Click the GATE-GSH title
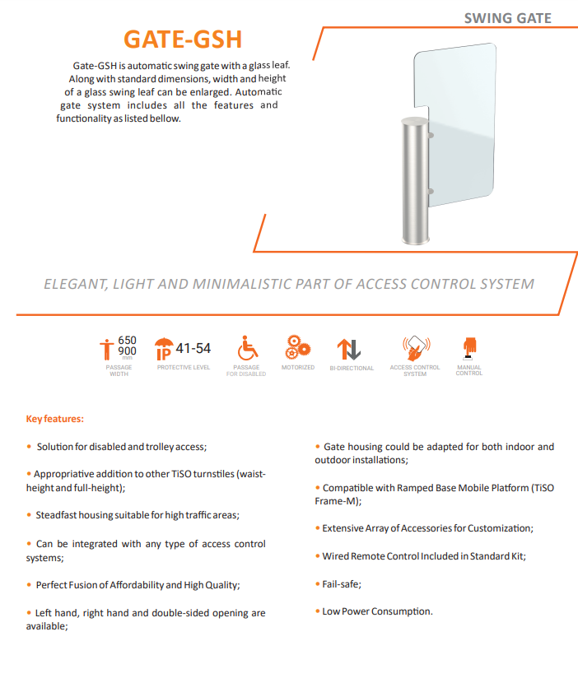pos(182,39)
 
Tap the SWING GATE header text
pos(507,18)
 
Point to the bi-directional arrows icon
pos(351,349)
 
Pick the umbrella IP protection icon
pos(164,349)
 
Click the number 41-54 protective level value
pos(194,349)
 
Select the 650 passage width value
pos(128,340)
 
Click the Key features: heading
pos(55,419)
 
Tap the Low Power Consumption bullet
pos(377,611)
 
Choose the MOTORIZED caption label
pos(297,367)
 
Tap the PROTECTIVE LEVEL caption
pos(184,367)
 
